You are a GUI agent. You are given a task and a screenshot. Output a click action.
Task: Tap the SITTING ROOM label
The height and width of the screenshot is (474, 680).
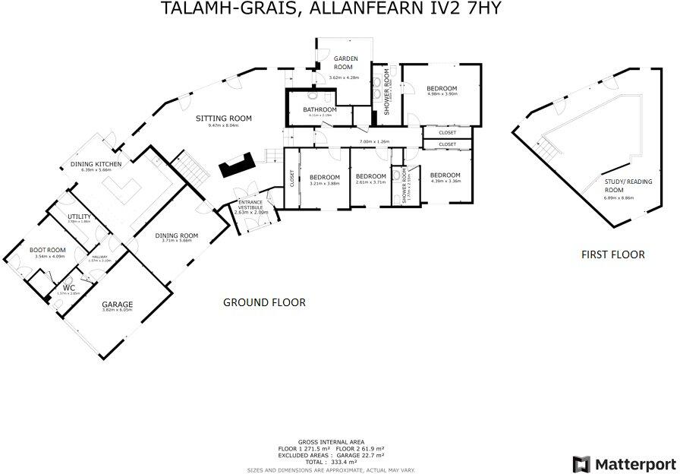[223, 118]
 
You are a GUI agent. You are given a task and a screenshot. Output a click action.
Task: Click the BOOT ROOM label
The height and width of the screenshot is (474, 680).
[47, 250]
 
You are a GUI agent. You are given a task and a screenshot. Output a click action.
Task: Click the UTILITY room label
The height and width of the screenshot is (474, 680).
[79, 216]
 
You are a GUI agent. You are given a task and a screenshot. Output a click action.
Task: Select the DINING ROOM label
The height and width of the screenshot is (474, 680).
[176, 235]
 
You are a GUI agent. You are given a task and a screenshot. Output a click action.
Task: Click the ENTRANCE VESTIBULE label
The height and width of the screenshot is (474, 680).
[251, 205]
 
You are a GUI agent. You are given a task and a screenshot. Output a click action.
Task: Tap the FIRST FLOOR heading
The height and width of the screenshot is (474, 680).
[612, 254]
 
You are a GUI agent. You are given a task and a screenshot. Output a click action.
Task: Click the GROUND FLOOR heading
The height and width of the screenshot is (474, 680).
[264, 302]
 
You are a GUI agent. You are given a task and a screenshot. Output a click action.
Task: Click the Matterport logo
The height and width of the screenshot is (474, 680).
[624, 463]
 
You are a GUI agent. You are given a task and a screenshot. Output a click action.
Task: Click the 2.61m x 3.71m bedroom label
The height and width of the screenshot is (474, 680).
[371, 179]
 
